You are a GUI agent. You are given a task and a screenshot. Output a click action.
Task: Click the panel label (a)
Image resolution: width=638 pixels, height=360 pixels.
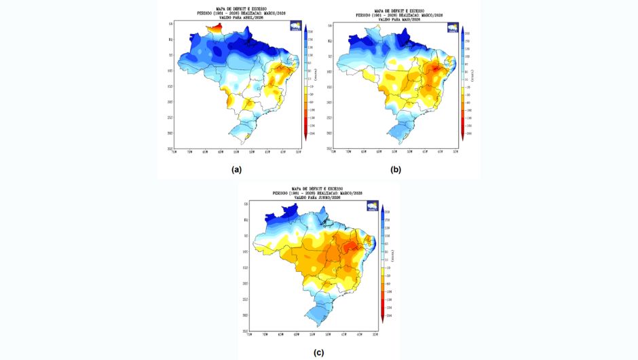tap(236, 169)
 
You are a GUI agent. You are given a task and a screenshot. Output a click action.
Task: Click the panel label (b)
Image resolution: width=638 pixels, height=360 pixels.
tap(396, 169)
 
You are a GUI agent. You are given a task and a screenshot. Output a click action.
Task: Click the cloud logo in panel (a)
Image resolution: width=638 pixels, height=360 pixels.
tap(296, 26)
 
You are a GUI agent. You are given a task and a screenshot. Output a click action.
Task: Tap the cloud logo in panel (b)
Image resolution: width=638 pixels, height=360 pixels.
tap(453, 27)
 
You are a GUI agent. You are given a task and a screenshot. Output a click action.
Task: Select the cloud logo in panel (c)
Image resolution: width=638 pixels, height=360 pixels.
tap(372, 206)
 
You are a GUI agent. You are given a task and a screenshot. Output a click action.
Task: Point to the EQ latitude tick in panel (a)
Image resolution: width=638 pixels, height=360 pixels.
tap(171, 40)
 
